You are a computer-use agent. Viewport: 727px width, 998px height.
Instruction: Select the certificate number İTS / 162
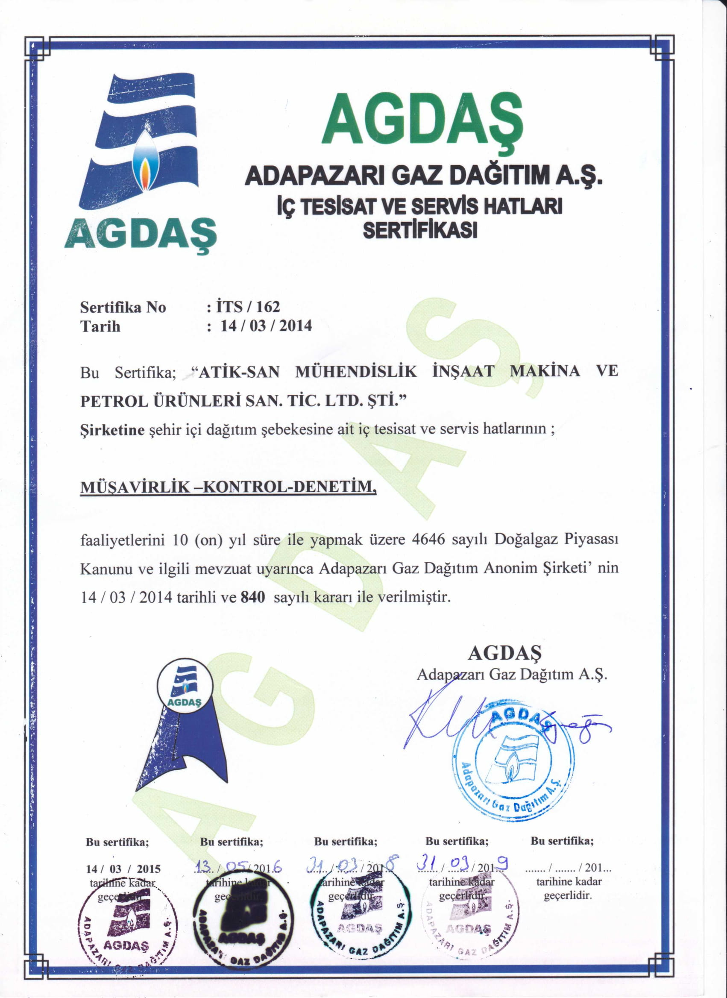tap(248, 307)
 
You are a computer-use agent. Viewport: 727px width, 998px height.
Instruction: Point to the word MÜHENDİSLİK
tap(355, 372)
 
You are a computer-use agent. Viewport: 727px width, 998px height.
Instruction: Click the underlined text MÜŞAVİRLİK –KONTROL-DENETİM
tap(229, 487)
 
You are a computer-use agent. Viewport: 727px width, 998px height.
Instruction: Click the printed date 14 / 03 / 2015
tap(123, 869)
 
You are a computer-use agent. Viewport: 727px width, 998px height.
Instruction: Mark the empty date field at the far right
tap(568, 869)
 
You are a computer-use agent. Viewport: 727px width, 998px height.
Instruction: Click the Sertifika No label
tap(123, 307)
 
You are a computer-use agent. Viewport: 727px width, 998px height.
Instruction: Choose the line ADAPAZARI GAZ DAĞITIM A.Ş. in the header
tap(422, 177)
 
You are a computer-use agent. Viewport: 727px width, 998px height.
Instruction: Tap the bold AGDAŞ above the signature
tap(504, 653)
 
